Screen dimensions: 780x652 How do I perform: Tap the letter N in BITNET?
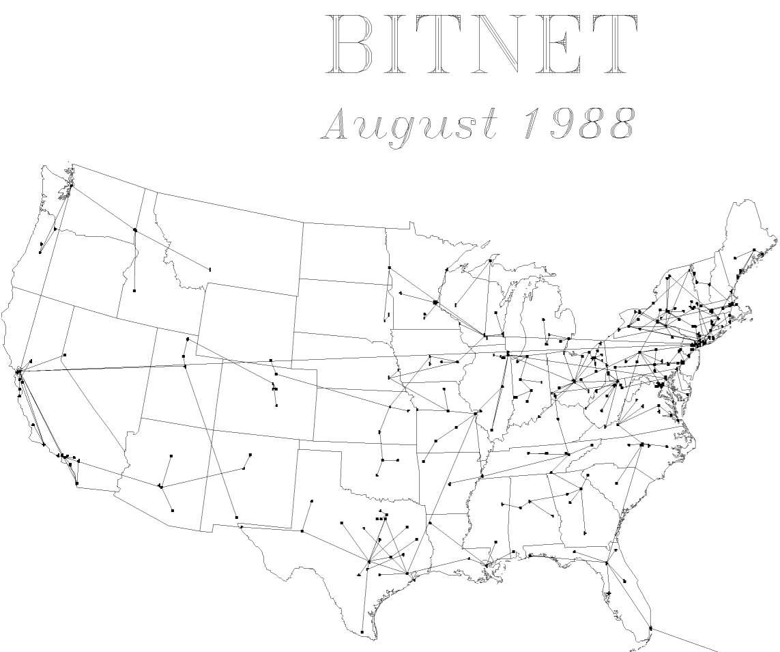point(489,44)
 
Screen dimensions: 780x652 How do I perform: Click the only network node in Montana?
point(210,270)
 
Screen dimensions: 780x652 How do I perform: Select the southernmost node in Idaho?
point(134,291)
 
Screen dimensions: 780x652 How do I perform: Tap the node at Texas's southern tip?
point(362,632)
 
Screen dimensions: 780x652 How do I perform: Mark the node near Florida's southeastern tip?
point(650,628)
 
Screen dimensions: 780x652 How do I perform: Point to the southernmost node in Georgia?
point(585,533)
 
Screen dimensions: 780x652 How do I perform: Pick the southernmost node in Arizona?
point(172,510)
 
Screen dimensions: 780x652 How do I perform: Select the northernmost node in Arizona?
point(171,455)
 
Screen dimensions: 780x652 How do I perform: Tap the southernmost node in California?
point(76,483)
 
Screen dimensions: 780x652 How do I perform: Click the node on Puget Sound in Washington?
point(72,186)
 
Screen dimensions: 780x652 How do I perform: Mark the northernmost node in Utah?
point(187,339)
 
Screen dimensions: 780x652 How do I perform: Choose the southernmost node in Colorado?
point(276,406)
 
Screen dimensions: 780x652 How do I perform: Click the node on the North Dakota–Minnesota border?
point(389,268)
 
